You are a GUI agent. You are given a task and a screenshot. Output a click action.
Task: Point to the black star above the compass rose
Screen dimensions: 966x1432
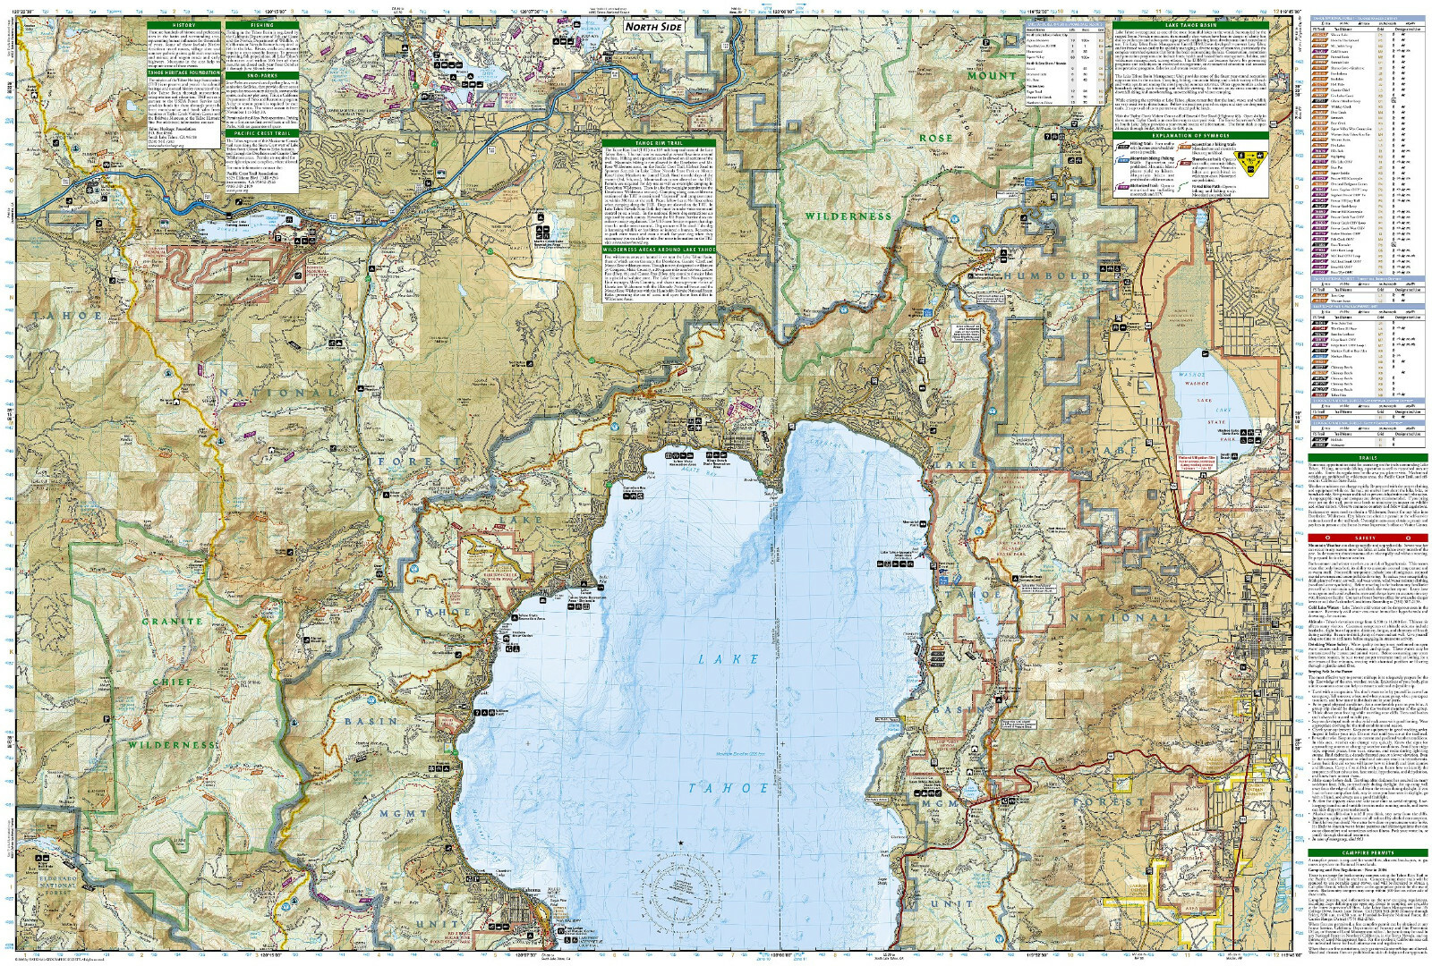tap(680, 843)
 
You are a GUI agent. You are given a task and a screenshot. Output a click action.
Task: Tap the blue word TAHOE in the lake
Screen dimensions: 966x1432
tap(732, 788)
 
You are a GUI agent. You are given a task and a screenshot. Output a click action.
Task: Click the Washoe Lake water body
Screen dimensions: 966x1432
tap(1205, 411)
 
